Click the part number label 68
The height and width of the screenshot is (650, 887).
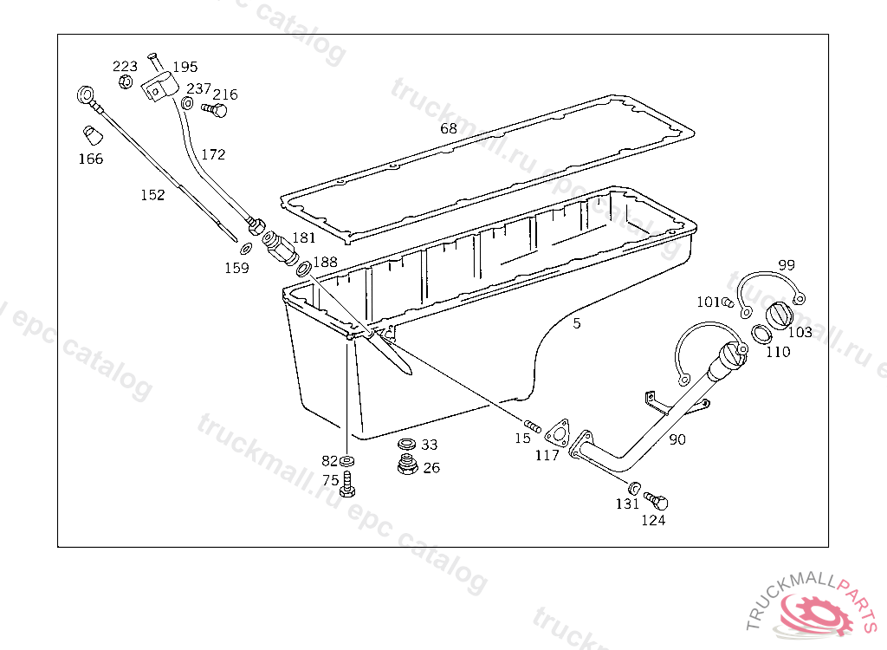[x=449, y=128]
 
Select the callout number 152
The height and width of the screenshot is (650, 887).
[x=152, y=195]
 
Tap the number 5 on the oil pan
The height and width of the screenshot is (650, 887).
[x=576, y=323]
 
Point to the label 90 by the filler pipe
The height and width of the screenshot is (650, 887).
[x=677, y=439]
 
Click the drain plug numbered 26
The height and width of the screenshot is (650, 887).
[x=407, y=465]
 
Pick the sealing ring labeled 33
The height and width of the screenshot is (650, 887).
[x=407, y=444]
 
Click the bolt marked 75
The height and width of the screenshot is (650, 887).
[x=347, y=484]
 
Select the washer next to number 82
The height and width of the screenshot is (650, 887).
[x=347, y=460]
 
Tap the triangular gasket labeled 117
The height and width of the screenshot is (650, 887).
[x=557, y=433]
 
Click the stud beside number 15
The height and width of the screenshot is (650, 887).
[x=533, y=426]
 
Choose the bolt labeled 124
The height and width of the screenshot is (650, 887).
[x=657, y=500]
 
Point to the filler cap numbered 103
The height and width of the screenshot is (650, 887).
[x=780, y=315]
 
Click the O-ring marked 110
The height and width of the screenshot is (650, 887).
[x=761, y=334]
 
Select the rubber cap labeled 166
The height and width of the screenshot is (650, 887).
[x=93, y=135]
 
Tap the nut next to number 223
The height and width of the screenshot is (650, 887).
[x=126, y=82]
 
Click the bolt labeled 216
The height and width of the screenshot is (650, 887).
[x=215, y=108]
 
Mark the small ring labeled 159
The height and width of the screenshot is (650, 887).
[x=246, y=249]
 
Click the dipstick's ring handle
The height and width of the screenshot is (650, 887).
[x=86, y=94]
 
